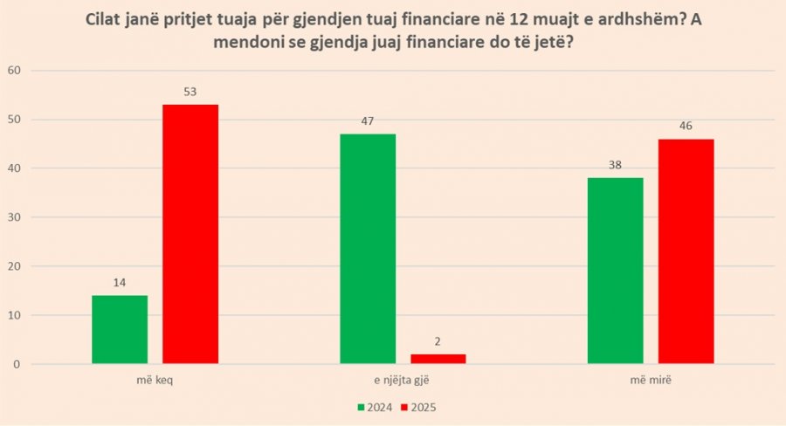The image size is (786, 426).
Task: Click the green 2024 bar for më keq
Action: [x=120, y=330]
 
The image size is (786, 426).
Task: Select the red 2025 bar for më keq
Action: [x=190, y=234]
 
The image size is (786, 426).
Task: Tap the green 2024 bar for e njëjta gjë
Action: [x=368, y=249]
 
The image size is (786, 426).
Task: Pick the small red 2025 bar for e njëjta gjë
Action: [x=438, y=359]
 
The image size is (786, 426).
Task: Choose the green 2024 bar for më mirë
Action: [x=616, y=271]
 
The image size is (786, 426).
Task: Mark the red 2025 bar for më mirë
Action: [x=686, y=251]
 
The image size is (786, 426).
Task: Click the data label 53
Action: [x=190, y=92]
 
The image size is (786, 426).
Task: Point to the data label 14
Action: [x=120, y=283]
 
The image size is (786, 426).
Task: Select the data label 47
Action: [x=368, y=121]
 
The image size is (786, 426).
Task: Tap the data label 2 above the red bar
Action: [x=438, y=342]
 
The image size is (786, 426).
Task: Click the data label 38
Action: [x=615, y=165]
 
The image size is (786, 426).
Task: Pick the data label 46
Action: [x=686, y=126]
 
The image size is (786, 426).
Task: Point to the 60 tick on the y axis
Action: [x=14, y=70]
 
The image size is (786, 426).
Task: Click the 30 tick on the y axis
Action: [x=14, y=217]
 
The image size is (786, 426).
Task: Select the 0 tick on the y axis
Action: [x=17, y=364]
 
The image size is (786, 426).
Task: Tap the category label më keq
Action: [x=155, y=380]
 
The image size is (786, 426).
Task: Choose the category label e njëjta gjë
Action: [x=402, y=380]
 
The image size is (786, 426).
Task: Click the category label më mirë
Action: [x=651, y=380]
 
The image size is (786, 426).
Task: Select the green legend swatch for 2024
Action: [x=361, y=408]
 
